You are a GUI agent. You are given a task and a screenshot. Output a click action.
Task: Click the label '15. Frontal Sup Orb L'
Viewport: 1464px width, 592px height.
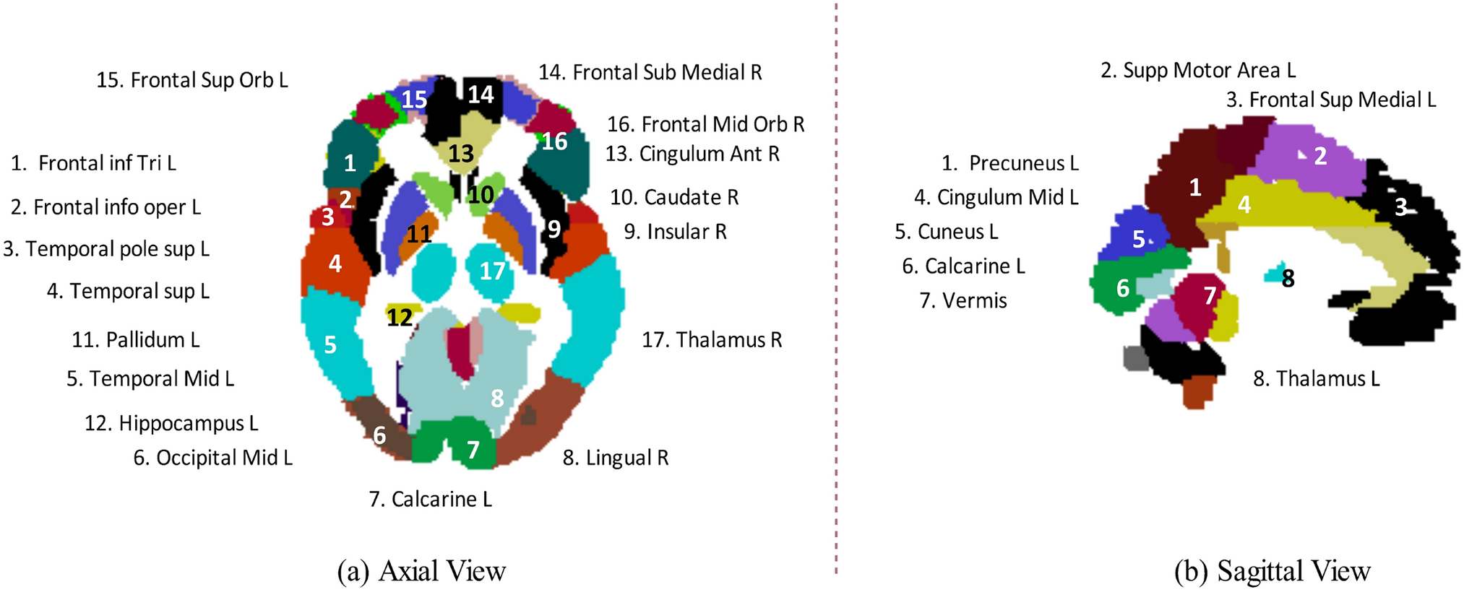(x=192, y=80)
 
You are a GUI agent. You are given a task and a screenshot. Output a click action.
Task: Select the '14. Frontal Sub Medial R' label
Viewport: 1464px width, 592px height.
(x=650, y=72)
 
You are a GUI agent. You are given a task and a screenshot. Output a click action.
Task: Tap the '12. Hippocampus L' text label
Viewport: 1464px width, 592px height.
(x=171, y=423)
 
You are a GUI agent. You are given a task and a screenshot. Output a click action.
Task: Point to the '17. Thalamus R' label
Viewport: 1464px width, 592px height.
(x=712, y=340)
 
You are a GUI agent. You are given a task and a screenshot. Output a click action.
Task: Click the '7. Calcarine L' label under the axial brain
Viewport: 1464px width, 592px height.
(x=430, y=500)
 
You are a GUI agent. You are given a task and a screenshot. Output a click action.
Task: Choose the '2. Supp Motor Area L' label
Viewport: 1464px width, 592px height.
(x=1197, y=70)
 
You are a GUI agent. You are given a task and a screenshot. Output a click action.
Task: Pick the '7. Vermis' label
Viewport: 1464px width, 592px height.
(x=963, y=300)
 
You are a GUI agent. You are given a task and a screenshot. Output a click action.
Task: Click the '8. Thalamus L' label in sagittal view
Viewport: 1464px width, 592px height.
(x=1316, y=379)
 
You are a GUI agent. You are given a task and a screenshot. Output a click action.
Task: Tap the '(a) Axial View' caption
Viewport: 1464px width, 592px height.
(x=421, y=571)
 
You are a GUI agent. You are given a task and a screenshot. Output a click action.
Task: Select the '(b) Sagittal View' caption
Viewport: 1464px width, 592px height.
(x=1272, y=571)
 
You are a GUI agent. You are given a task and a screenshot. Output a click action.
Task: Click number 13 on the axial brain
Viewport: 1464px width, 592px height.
(x=461, y=153)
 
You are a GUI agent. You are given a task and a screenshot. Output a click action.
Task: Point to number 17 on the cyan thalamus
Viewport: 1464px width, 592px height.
(x=492, y=271)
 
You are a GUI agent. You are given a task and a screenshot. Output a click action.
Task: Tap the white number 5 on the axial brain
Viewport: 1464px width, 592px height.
(x=330, y=345)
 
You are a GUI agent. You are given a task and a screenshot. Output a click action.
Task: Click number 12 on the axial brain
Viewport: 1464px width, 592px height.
(x=399, y=317)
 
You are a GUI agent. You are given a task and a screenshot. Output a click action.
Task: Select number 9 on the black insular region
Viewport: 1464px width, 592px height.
(x=554, y=229)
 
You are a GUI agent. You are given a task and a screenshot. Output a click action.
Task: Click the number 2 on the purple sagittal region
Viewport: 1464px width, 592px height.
(x=1320, y=156)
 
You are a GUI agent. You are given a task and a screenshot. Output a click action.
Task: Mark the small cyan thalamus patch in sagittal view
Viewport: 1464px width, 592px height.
(x=1273, y=274)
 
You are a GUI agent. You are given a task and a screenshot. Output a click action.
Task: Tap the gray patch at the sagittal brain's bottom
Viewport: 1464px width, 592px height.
(x=1136, y=357)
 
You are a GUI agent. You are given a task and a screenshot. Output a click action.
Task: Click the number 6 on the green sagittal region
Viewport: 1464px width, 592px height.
(x=1122, y=289)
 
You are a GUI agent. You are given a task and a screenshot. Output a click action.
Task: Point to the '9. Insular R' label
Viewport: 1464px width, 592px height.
(x=675, y=232)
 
